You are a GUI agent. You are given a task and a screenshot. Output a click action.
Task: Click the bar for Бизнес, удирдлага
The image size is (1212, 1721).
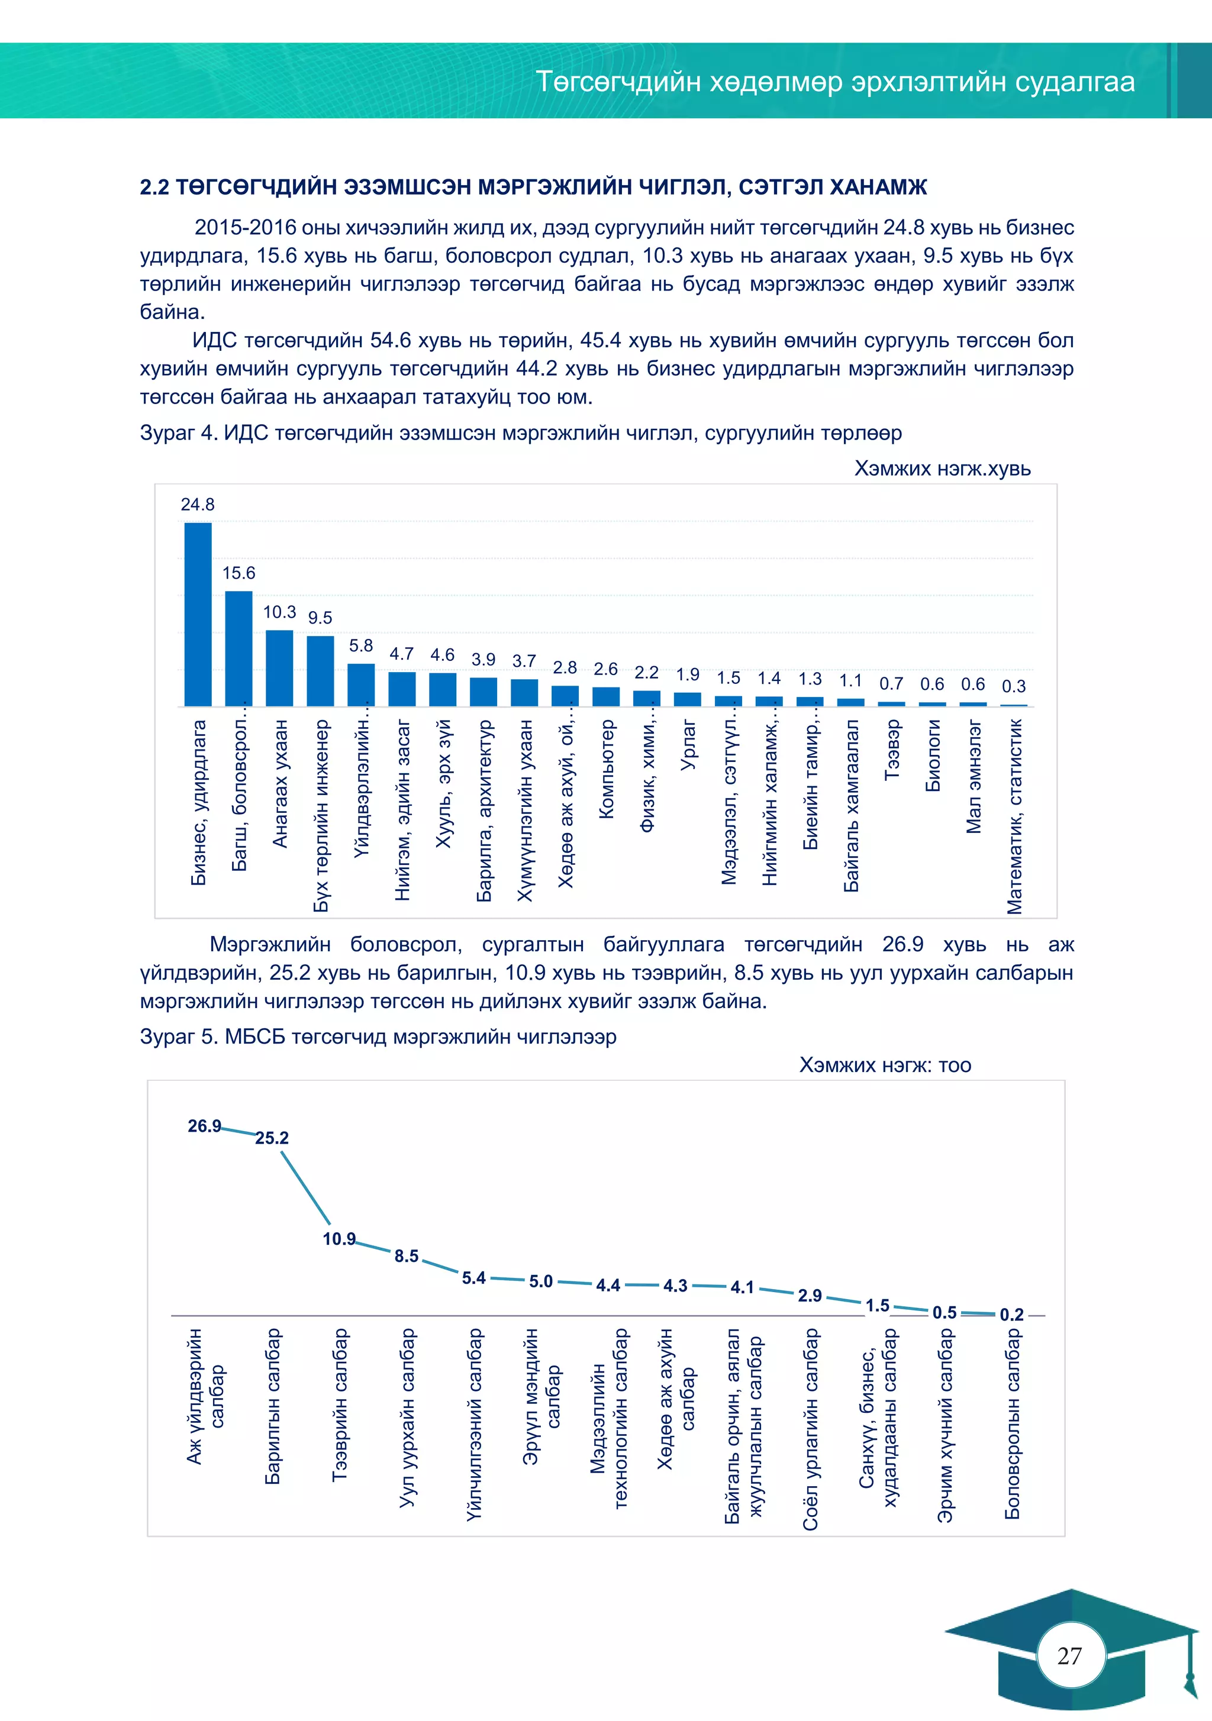tap(198, 614)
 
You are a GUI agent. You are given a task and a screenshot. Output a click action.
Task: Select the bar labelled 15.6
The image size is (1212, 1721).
tap(238, 648)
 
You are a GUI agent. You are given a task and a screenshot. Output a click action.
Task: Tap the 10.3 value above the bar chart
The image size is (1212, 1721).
tap(279, 612)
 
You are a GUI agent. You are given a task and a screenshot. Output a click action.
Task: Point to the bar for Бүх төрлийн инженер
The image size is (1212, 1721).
tap(320, 671)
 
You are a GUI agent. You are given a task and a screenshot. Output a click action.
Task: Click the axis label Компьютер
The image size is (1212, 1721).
tap(606, 769)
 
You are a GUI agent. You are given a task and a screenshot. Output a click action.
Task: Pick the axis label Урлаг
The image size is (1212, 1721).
tap(688, 745)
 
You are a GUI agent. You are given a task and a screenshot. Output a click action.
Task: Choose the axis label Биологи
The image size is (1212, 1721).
tap(932, 755)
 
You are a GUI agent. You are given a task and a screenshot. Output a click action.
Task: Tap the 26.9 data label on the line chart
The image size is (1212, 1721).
tap(204, 1126)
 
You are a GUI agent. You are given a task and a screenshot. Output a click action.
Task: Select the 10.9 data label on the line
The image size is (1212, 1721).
tap(339, 1239)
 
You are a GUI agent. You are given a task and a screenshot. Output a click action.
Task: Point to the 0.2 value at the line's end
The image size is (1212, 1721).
tap(1012, 1315)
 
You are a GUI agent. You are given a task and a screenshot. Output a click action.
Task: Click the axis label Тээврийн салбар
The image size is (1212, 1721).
tap(340, 1404)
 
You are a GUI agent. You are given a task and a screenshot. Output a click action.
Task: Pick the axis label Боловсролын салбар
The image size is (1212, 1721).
tap(1012, 1423)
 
